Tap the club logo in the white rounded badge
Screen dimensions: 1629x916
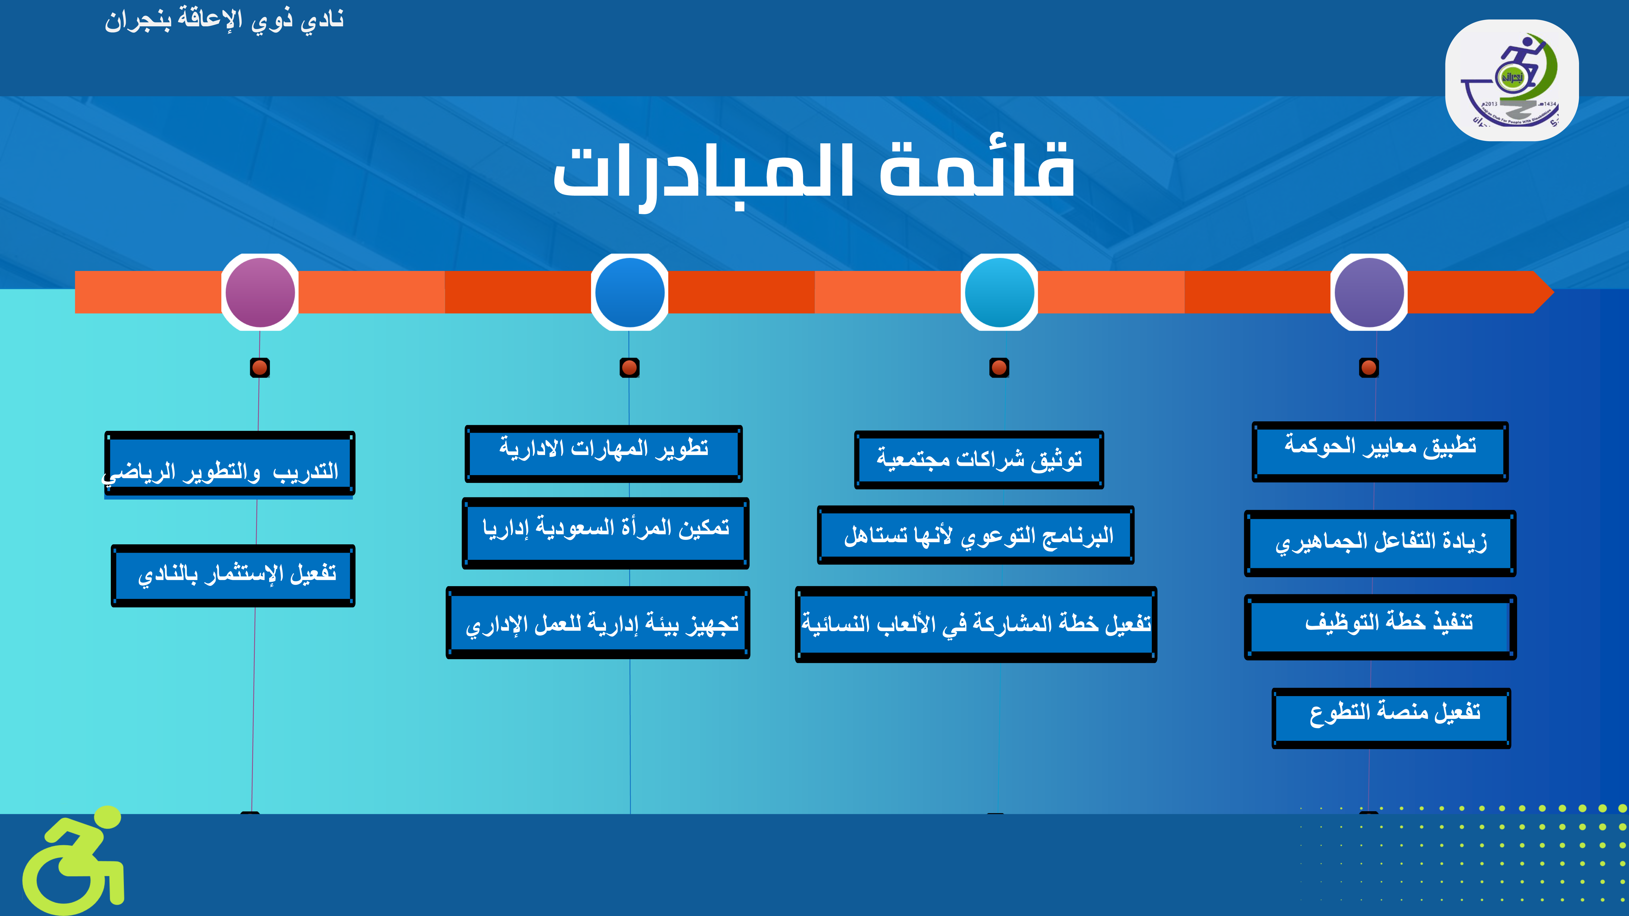(1511, 80)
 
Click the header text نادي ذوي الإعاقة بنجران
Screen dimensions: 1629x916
(225, 20)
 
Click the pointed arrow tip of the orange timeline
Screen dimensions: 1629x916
(1553, 292)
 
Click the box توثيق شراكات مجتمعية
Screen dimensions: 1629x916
(979, 460)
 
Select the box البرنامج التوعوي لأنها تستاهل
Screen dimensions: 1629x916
(976, 535)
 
